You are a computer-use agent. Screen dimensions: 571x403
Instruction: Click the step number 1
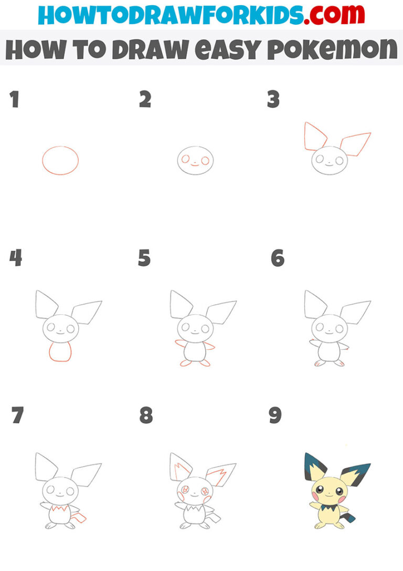point(14,100)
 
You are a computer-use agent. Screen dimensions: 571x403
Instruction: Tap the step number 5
point(144,258)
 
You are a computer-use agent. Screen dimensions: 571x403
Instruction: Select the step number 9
point(275,416)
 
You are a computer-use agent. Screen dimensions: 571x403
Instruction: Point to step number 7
point(17,416)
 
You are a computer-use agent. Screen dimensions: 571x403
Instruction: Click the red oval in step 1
point(60,160)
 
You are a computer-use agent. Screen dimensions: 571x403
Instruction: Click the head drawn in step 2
point(195,160)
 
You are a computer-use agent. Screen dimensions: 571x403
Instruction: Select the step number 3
point(273,100)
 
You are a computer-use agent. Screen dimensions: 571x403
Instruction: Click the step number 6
point(278,258)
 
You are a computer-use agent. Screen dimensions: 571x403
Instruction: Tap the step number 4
point(16,258)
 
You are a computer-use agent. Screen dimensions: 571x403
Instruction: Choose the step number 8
point(146,416)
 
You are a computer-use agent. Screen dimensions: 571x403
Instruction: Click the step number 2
point(145,100)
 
